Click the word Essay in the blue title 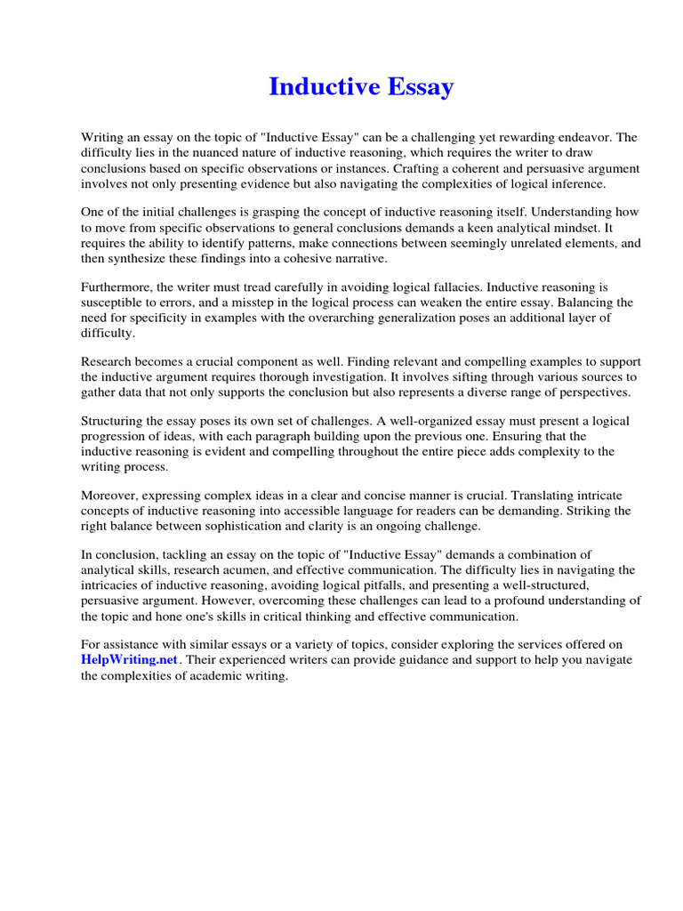(x=417, y=87)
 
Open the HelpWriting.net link (x=130, y=660)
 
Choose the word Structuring (x=116, y=422)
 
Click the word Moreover (x=109, y=496)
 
